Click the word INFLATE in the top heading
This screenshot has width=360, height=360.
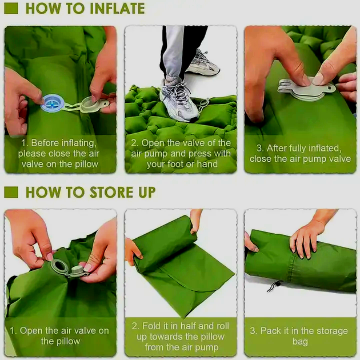117,9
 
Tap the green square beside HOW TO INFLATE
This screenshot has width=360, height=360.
11,9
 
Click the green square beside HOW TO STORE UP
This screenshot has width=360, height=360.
11,192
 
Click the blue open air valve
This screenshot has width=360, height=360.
53,103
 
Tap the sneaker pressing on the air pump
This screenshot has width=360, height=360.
179,99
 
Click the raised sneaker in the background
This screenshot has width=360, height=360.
202,63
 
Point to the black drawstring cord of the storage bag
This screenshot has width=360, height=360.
275,286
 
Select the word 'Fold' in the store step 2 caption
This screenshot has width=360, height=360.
151,326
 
